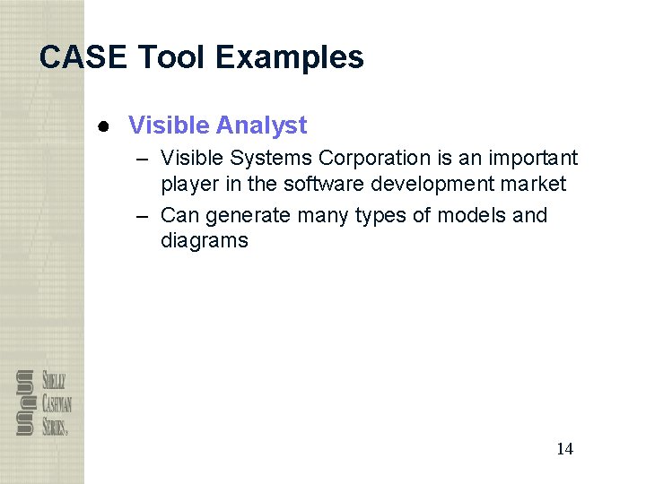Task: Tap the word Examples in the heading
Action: click(290, 57)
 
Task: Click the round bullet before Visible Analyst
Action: click(104, 126)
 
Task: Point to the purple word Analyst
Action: click(266, 125)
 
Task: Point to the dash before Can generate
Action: click(144, 215)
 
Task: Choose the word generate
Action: click(248, 216)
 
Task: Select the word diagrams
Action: click(205, 240)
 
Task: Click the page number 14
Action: click(564, 449)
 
